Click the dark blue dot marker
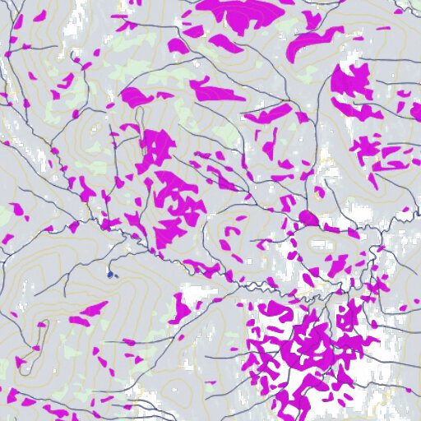(109, 274)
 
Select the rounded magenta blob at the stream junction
(308, 218)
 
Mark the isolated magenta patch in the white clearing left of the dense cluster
(182, 306)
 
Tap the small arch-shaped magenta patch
(229, 229)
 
